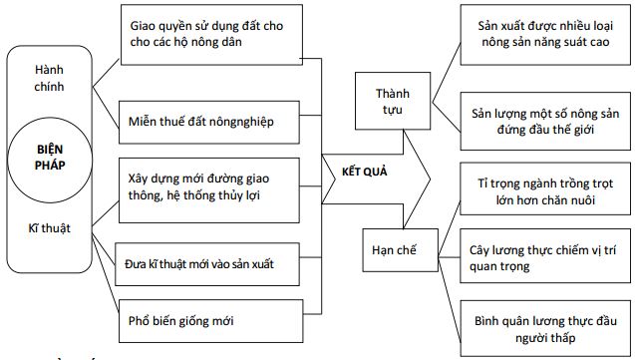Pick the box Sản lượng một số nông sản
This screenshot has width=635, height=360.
(542, 121)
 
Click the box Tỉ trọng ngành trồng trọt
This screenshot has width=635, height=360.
(542, 187)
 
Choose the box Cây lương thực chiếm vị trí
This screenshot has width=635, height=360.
(542, 257)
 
